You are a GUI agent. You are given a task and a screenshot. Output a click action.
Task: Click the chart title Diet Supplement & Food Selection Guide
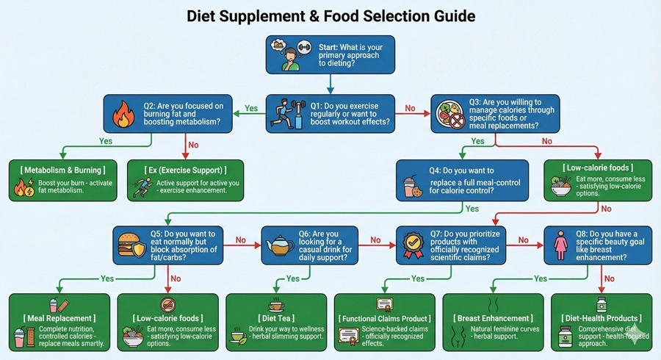pos(330,15)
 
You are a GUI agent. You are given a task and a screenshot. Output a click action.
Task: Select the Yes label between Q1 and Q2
pos(251,108)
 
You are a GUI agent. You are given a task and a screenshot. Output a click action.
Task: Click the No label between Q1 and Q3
pos(410,108)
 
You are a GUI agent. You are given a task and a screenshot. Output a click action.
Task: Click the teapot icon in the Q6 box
pos(278,248)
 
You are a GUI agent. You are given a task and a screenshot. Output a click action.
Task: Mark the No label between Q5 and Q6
pos(239,239)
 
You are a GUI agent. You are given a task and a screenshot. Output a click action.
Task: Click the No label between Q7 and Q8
pos(523,239)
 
